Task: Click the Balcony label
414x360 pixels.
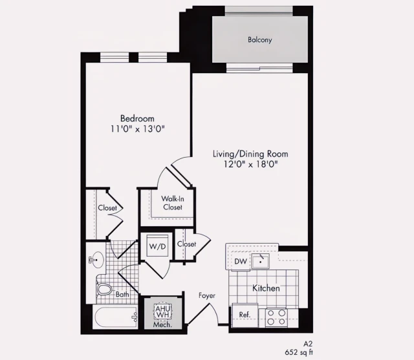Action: (259, 40)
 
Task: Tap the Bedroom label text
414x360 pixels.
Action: (137, 118)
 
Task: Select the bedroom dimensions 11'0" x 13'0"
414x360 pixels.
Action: (137, 129)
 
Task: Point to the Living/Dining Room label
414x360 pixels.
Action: (250, 154)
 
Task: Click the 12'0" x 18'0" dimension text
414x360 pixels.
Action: (250, 164)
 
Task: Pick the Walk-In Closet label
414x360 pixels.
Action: (172, 203)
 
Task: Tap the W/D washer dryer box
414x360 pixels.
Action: (157, 246)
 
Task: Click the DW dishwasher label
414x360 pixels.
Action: (240, 261)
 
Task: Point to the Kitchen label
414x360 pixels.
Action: (266, 288)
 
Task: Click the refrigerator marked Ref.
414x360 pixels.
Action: (245, 315)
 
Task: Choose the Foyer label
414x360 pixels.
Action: (207, 295)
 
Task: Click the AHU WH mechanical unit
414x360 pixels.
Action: (161, 312)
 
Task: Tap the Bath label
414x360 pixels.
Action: (122, 295)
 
